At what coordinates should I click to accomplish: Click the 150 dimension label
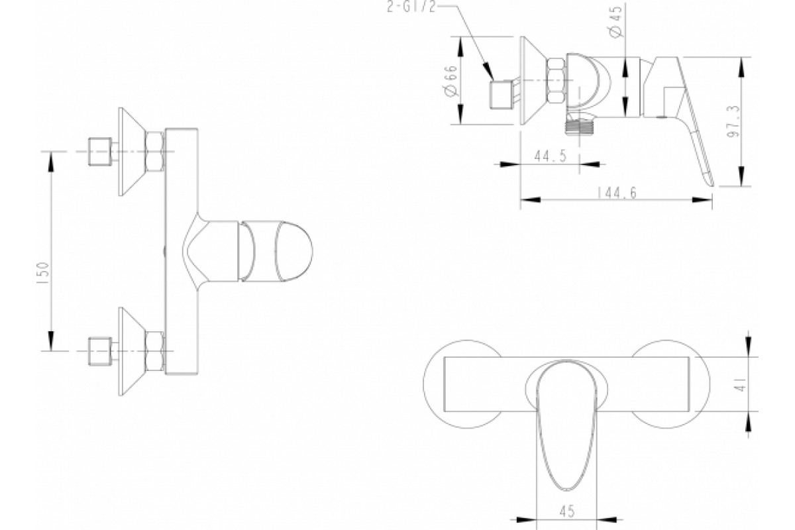point(43,272)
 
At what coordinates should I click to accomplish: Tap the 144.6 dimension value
point(617,193)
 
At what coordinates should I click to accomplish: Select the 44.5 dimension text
point(551,156)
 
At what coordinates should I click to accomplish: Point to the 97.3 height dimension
point(734,121)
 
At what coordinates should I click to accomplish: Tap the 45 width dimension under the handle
point(567,511)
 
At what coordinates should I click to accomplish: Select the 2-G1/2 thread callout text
point(411,7)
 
